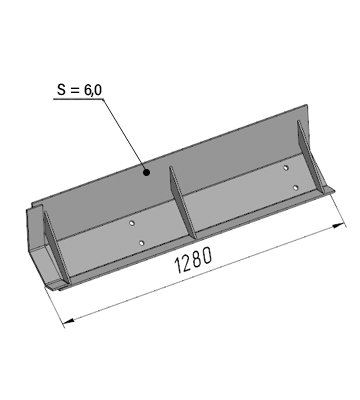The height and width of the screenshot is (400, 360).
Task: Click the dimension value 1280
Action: coord(193,260)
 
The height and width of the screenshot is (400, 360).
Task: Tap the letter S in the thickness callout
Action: coord(61,89)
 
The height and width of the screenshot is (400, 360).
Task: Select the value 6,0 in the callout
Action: coord(93,90)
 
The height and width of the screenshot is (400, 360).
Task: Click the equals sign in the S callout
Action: coord(75,90)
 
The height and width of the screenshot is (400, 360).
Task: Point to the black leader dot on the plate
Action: coord(146,172)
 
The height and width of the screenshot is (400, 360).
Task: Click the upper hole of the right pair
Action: coord(286,168)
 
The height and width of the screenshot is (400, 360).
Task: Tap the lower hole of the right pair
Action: coord(295,188)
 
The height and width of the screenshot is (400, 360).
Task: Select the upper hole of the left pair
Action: coord(132,223)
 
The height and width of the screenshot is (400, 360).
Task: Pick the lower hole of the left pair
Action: coord(142,243)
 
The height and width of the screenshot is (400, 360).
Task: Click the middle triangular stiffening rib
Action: coord(182,203)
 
